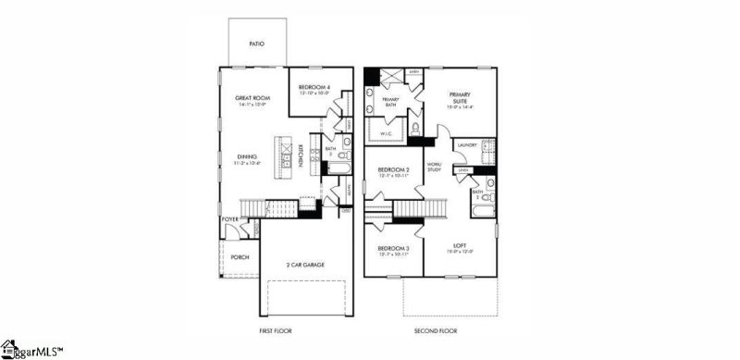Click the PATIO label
(x=257, y=43)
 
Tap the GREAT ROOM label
(x=251, y=97)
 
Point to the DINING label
(x=247, y=156)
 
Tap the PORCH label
(x=240, y=257)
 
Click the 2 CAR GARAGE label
(x=305, y=265)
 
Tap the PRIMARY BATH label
(x=390, y=102)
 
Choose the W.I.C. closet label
(x=388, y=133)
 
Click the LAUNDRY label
(x=466, y=144)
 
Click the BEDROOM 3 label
(x=394, y=248)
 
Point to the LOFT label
(x=459, y=245)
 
